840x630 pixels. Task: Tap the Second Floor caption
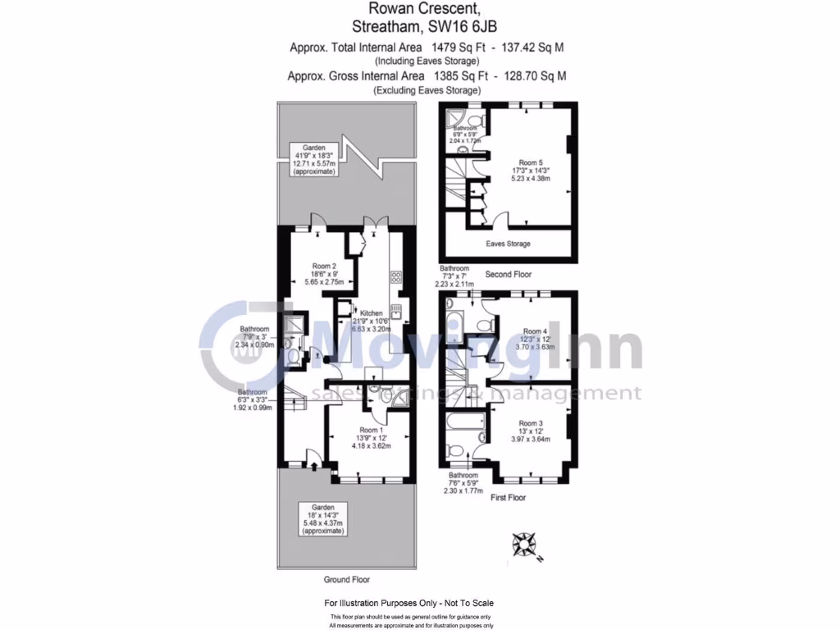pyautogui.click(x=509, y=273)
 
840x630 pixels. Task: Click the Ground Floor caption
pyautogui.click(x=346, y=579)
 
